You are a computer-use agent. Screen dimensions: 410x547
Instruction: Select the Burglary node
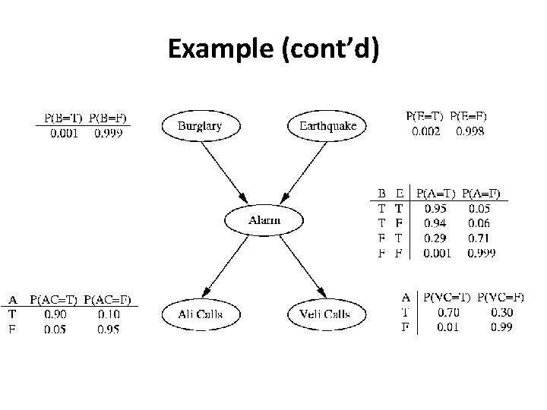click(201, 126)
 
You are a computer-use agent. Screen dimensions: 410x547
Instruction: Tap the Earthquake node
click(327, 126)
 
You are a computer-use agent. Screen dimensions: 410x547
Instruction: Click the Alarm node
click(264, 220)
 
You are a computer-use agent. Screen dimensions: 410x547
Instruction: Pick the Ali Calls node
click(201, 314)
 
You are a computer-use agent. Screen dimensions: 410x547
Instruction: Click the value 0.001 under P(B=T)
click(63, 133)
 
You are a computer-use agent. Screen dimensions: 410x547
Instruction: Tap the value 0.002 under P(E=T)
click(426, 131)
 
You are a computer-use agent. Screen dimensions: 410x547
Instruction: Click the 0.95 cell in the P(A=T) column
click(435, 207)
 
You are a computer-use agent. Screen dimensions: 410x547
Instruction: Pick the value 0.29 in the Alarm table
click(435, 238)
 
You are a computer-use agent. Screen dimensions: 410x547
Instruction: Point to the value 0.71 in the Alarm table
click(479, 238)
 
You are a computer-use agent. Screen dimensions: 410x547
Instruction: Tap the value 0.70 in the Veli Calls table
click(447, 312)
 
